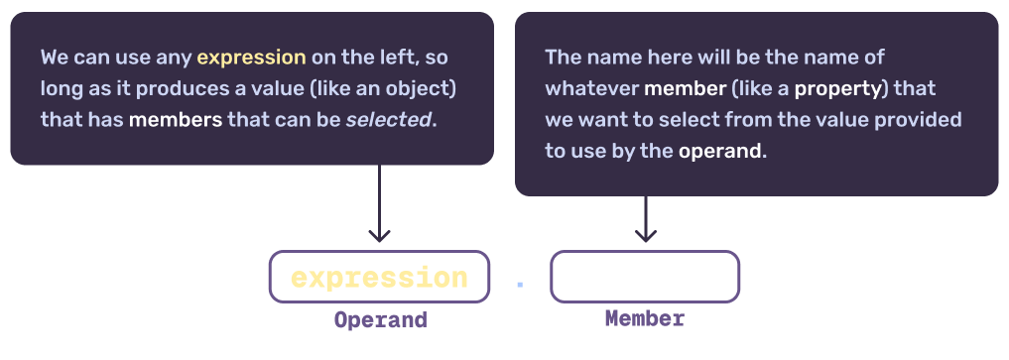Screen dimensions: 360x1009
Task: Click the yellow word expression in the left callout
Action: tap(251, 57)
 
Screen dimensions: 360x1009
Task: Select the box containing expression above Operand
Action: tap(379, 277)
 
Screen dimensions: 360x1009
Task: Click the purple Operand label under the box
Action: tap(380, 320)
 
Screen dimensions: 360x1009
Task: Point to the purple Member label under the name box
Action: tap(645, 319)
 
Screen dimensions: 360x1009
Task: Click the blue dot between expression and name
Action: tap(520, 285)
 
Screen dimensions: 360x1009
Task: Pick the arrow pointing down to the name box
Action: tap(646, 219)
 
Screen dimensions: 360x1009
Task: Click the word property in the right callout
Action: tap(838, 88)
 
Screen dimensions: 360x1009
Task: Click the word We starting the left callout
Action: tap(54, 57)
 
